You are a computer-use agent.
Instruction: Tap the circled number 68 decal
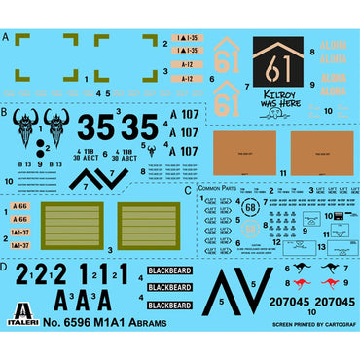[x=251, y=207]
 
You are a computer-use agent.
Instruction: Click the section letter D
[x=6, y=266]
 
